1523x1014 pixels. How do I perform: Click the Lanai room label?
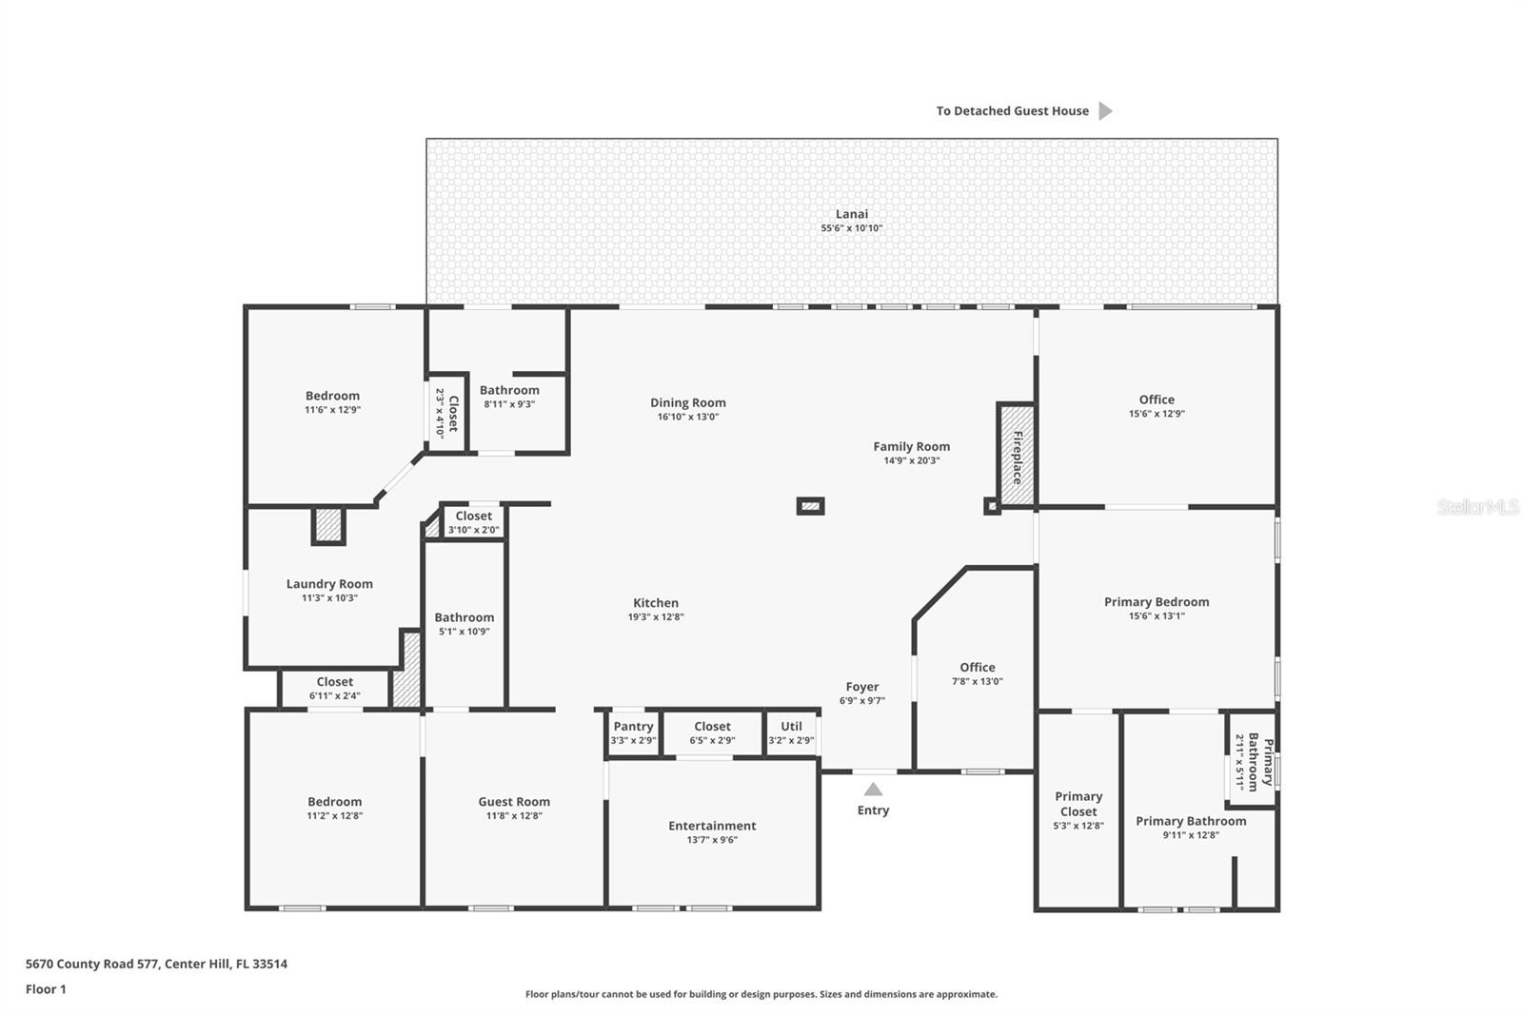851,214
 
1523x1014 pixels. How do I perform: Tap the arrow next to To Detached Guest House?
1104,111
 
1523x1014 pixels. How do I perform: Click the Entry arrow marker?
873,790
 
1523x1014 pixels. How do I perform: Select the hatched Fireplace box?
1016,456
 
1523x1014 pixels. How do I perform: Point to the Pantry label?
633,726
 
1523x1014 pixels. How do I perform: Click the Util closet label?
791,726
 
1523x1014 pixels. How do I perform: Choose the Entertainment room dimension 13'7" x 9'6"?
712,840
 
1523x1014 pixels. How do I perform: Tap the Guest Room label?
514,802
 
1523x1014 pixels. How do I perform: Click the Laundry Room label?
329,584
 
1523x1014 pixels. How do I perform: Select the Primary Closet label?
1078,804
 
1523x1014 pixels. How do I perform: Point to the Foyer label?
862,687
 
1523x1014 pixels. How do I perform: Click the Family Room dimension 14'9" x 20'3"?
911,460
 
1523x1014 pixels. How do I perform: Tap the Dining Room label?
687,402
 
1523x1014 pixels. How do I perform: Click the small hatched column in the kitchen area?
810,506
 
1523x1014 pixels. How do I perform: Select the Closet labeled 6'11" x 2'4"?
334,689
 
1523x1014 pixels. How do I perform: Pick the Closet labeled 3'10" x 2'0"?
473,522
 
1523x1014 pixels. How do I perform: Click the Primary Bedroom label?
1157,601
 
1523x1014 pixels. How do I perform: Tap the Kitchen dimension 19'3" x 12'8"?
656,616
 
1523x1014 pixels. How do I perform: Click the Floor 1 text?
46,989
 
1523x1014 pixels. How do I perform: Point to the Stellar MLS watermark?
1477,507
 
